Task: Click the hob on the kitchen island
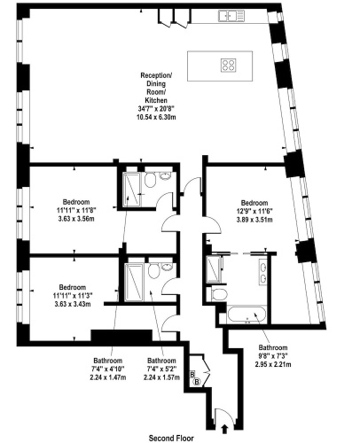tap(229, 65)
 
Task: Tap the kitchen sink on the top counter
tap(231, 16)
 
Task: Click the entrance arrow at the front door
tap(224, 429)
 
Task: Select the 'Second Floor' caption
tap(171, 438)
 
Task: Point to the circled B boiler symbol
tap(197, 382)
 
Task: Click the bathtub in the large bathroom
tap(247, 315)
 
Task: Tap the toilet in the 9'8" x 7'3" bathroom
tap(219, 294)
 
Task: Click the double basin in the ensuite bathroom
tap(262, 272)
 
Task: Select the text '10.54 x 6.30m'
tap(156, 117)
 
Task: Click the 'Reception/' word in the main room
tap(156, 75)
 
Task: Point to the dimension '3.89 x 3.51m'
tap(254, 220)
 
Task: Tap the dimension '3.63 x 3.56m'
tap(76, 219)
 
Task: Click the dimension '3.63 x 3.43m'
tap(73, 304)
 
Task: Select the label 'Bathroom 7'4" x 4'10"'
tap(108, 364)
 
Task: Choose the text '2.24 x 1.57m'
tap(161, 377)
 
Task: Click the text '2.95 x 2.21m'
tap(273, 364)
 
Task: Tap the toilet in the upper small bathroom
tap(150, 180)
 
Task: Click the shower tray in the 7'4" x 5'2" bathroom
tap(134, 283)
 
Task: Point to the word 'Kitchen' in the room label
tap(156, 100)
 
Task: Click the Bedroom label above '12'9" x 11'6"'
tap(254, 203)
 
